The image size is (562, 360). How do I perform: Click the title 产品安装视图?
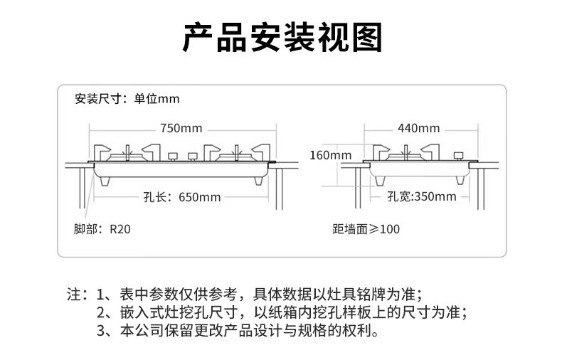coord(282,38)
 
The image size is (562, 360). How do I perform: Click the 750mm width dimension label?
coord(181,129)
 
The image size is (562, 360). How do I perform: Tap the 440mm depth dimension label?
coord(418,129)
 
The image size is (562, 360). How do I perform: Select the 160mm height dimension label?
coord(330,155)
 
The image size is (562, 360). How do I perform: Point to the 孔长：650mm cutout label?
coord(183,197)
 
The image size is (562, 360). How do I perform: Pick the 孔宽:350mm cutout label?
coord(421,196)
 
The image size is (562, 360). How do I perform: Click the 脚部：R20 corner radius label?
coord(102,230)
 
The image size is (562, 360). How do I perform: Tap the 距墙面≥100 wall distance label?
coord(366,230)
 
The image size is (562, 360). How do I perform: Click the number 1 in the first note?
coord(100,294)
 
